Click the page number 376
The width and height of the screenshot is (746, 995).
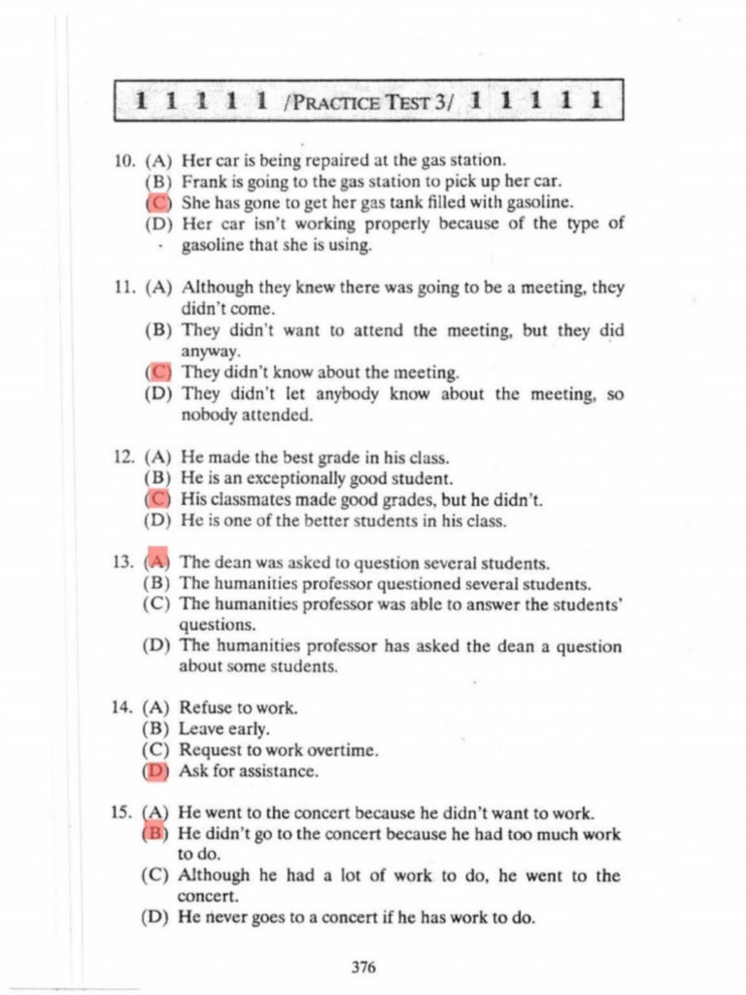[363, 967]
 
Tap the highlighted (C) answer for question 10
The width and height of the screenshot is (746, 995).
[157, 203]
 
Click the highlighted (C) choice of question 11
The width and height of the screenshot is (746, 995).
[157, 372]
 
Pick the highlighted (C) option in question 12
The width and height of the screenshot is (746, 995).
[157, 499]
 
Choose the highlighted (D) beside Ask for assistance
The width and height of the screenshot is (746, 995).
[155, 772]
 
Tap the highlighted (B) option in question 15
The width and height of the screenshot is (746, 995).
[155, 834]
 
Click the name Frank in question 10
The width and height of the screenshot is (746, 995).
[204, 182]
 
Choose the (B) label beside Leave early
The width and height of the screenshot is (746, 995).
[156, 729]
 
